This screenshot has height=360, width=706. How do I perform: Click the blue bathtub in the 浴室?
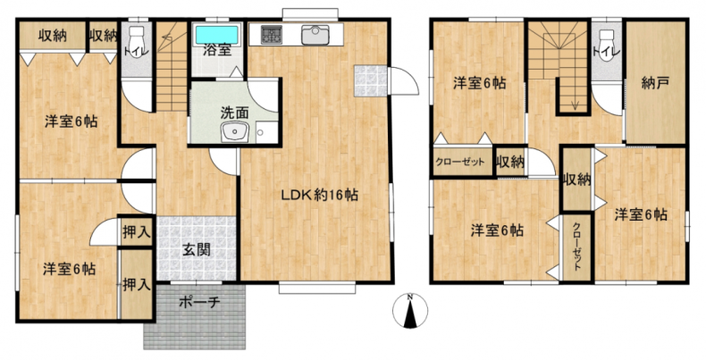[x=217, y=34]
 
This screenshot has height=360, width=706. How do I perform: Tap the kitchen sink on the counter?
[x=315, y=35]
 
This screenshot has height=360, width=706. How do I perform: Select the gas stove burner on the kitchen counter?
[x=272, y=35]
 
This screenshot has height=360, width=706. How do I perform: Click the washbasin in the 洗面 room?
[x=233, y=132]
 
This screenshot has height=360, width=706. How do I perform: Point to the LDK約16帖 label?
[x=320, y=195]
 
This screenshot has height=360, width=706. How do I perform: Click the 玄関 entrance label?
[x=197, y=250]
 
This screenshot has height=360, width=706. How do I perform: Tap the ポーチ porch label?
[x=199, y=303]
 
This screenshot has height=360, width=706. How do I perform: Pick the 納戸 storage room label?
[x=655, y=83]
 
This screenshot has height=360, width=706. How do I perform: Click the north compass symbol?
[x=410, y=311]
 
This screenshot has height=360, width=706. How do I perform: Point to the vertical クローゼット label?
[x=576, y=246]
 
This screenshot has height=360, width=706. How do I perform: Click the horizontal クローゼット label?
[x=459, y=162]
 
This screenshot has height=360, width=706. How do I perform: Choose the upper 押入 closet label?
[x=136, y=232]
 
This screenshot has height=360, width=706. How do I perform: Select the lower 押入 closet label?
[x=136, y=284]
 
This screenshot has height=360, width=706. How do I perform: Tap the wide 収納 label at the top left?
[x=52, y=35]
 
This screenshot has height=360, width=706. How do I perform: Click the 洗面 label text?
[x=234, y=113]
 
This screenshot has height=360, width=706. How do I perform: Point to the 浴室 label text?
[x=217, y=50]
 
